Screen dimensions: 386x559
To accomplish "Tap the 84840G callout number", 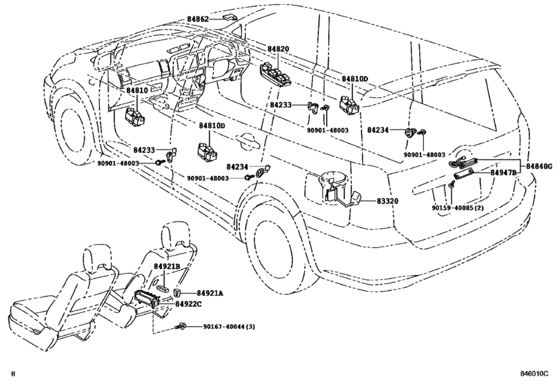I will click(x=539, y=166).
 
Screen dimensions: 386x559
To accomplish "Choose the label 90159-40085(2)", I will click(x=457, y=207).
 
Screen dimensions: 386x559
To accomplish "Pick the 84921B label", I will click(x=167, y=266).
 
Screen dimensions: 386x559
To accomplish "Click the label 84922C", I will click(x=188, y=303).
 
